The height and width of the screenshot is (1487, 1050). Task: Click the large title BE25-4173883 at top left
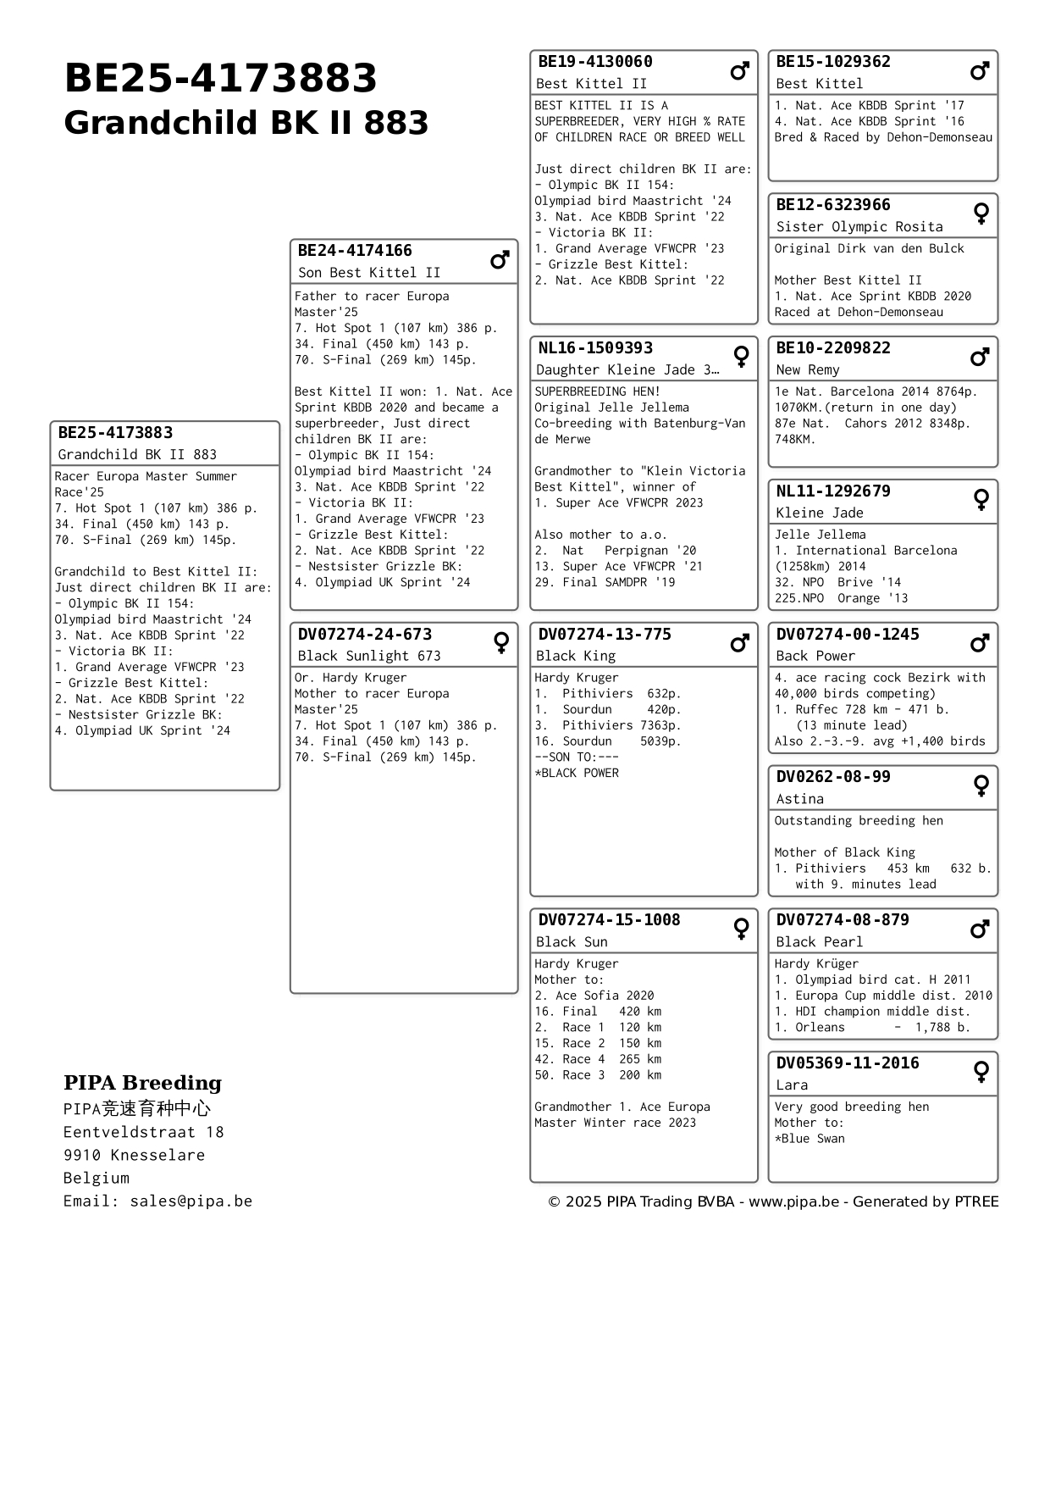point(220,79)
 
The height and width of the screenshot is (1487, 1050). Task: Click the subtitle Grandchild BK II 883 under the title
point(246,123)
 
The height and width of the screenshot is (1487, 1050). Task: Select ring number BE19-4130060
point(595,62)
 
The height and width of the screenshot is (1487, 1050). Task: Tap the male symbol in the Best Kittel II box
point(739,71)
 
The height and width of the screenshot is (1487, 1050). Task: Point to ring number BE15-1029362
point(833,62)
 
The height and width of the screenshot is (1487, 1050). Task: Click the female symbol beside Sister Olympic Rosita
point(981,214)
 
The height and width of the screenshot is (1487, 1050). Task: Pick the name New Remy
point(807,369)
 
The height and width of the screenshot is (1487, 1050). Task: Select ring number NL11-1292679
point(833,491)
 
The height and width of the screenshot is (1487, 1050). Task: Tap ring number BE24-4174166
point(355,251)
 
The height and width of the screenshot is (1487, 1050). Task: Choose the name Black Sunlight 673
point(368,656)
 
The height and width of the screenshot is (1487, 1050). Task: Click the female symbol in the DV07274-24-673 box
point(500,643)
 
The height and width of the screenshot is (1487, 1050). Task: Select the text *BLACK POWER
point(576,773)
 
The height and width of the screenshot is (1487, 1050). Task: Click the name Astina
point(799,799)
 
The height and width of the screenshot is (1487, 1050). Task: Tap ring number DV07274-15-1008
point(609,920)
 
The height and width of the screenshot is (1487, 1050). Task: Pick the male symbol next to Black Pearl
point(980,929)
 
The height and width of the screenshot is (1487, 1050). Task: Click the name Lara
point(792,1085)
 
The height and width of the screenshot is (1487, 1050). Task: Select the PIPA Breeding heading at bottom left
point(142,1083)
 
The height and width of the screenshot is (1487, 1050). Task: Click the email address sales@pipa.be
point(191,1201)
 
